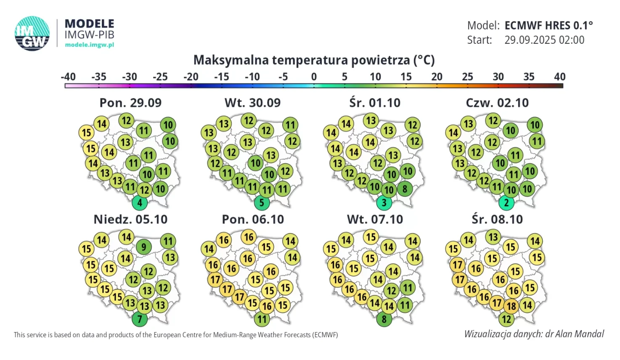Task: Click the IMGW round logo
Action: pos(32,34)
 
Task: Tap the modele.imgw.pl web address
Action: pos(90,45)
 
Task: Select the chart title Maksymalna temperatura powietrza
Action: pos(314,60)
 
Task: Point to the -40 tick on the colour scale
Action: pos(68,77)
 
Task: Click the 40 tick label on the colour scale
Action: pos(560,77)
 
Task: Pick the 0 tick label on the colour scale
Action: pos(314,77)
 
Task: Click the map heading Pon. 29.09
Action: pos(130,103)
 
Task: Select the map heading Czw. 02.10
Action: pos(497,103)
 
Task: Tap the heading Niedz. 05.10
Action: pos(130,220)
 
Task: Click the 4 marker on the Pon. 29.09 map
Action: pos(140,203)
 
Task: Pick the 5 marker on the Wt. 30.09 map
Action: pos(262,203)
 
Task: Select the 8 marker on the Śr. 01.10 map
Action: pos(405,189)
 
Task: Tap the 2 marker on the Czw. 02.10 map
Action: pos(506,203)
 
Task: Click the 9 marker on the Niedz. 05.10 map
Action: pos(144,246)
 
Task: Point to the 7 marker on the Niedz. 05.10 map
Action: pos(140,319)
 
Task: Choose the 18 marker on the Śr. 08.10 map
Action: pos(511,306)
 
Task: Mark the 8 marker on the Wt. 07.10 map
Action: pos(384,319)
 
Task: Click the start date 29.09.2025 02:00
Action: pos(544,40)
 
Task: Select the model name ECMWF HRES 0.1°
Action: pos(548,26)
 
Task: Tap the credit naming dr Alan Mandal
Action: pos(534,334)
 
